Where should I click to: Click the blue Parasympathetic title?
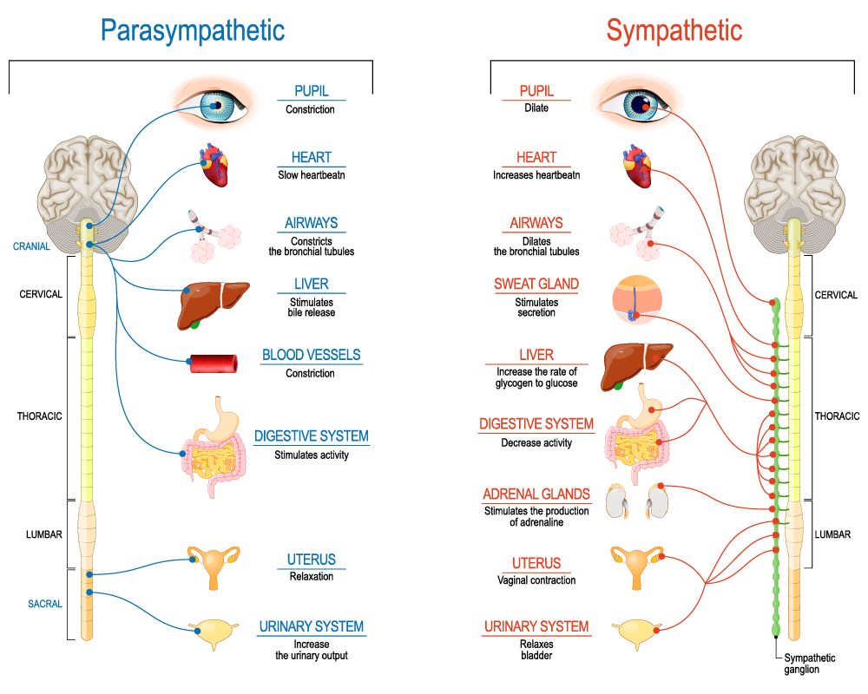pos(192,31)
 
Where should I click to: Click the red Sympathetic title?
pos(674,31)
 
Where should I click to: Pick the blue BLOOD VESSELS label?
pos(311,355)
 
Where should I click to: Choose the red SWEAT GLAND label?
pos(536,284)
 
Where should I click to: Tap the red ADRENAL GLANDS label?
pos(536,494)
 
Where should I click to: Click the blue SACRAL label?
pos(45,604)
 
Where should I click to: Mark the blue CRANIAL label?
pos(31,247)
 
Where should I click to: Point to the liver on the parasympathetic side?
pos(213,304)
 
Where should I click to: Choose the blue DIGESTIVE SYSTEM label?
pos(311,436)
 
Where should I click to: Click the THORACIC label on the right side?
pos(838,416)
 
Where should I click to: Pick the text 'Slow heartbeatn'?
pos(311,175)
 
